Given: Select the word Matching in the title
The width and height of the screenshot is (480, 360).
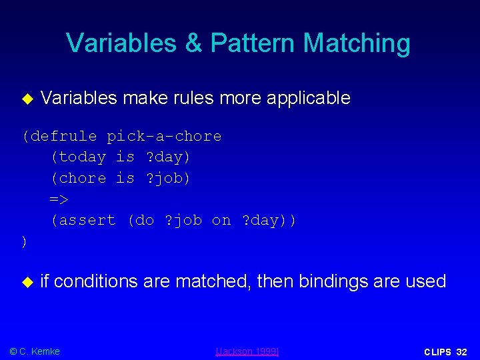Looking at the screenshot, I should point(357,43).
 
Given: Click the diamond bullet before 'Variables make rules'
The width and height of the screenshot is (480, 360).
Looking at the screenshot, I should point(27,99).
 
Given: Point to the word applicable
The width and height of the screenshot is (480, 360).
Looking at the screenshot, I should point(308,98).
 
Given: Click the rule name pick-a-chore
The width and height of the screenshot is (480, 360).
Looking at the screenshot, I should point(164,137).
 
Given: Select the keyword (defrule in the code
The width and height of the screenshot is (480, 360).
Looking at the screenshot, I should point(59,137).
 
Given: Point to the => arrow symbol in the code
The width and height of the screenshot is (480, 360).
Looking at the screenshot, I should point(59,199).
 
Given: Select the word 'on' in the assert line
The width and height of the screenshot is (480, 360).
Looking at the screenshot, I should point(221,220).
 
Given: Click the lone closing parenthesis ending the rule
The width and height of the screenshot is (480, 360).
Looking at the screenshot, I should point(25,241).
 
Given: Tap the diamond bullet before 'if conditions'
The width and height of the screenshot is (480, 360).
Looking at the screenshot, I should point(27,283).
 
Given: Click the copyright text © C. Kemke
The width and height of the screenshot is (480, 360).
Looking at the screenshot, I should point(35,351).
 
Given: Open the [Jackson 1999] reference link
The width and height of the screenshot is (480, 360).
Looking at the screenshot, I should point(248,351).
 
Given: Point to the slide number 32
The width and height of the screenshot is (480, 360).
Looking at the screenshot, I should point(462,351).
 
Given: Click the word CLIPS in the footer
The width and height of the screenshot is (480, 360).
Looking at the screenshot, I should point(437,351).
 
